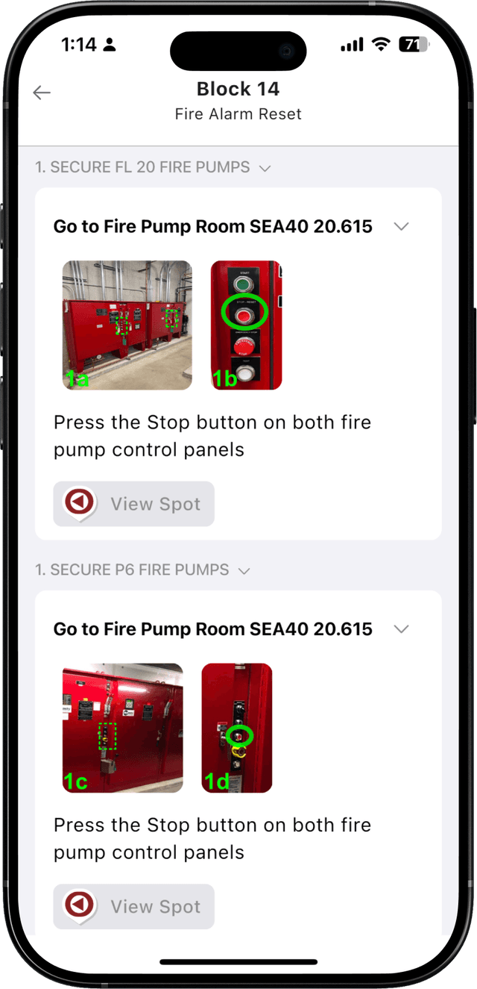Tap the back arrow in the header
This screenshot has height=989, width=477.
(42, 93)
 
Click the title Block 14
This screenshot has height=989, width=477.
(238, 89)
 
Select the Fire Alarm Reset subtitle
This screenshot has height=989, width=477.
(238, 114)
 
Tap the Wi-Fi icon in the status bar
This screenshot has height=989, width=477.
(382, 45)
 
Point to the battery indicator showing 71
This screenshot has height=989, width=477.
(414, 45)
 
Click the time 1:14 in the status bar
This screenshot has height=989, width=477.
(79, 45)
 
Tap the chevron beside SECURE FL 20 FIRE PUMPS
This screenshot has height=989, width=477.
(264, 169)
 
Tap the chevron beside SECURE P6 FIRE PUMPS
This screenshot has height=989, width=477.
(243, 571)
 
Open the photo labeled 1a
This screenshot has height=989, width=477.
(127, 325)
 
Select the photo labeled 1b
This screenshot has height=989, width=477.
(246, 325)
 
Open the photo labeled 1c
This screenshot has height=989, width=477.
(122, 728)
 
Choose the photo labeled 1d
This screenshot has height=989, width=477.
(237, 728)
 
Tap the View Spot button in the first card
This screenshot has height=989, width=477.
(133, 504)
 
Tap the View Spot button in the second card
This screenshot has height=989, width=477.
(133, 906)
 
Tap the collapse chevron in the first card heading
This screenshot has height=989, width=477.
(401, 227)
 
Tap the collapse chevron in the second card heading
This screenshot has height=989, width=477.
(401, 629)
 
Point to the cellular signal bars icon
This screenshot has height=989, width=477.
(352, 46)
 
